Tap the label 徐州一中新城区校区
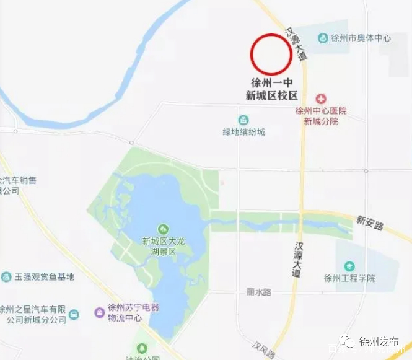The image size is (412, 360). (271, 89)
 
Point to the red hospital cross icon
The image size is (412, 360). (321, 99)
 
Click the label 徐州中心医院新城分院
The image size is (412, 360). (321, 116)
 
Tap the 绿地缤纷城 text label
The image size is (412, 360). (244, 131)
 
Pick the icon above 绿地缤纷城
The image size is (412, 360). (244, 119)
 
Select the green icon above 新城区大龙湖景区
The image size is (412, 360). (164, 229)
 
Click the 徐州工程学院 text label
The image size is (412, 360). (349, 278)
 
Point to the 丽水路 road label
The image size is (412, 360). (259, 292)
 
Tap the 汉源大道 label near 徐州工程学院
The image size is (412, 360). (299, 259)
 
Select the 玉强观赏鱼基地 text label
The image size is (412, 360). (44, 277)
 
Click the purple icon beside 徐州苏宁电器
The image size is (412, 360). (99, 312)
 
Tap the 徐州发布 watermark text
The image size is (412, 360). (379, 343)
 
